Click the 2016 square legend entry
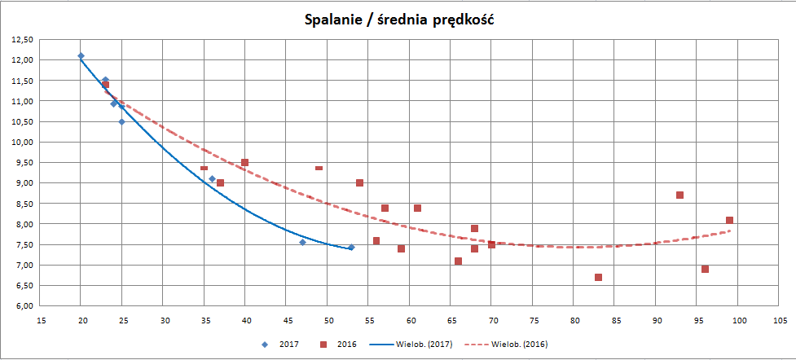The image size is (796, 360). point(346,345)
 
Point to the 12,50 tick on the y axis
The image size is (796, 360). point(21,39)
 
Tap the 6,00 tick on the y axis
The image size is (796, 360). point(22,306)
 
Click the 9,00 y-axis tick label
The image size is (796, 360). point(22,183)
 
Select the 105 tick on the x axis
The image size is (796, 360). point(779,319)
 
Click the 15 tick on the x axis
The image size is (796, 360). point(40,319)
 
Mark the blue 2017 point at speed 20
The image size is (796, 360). point(81,55)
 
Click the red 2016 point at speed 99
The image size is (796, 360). point(729,220)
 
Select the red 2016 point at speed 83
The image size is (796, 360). point(598,277)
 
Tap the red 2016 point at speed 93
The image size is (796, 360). point(679,195)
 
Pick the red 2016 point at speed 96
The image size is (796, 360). point(705,269)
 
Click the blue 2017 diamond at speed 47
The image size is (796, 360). point(302,242)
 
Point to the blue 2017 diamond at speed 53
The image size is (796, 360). point(351,247)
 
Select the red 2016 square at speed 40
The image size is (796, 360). point(244,162)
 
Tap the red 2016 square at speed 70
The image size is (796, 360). point(491,244)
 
